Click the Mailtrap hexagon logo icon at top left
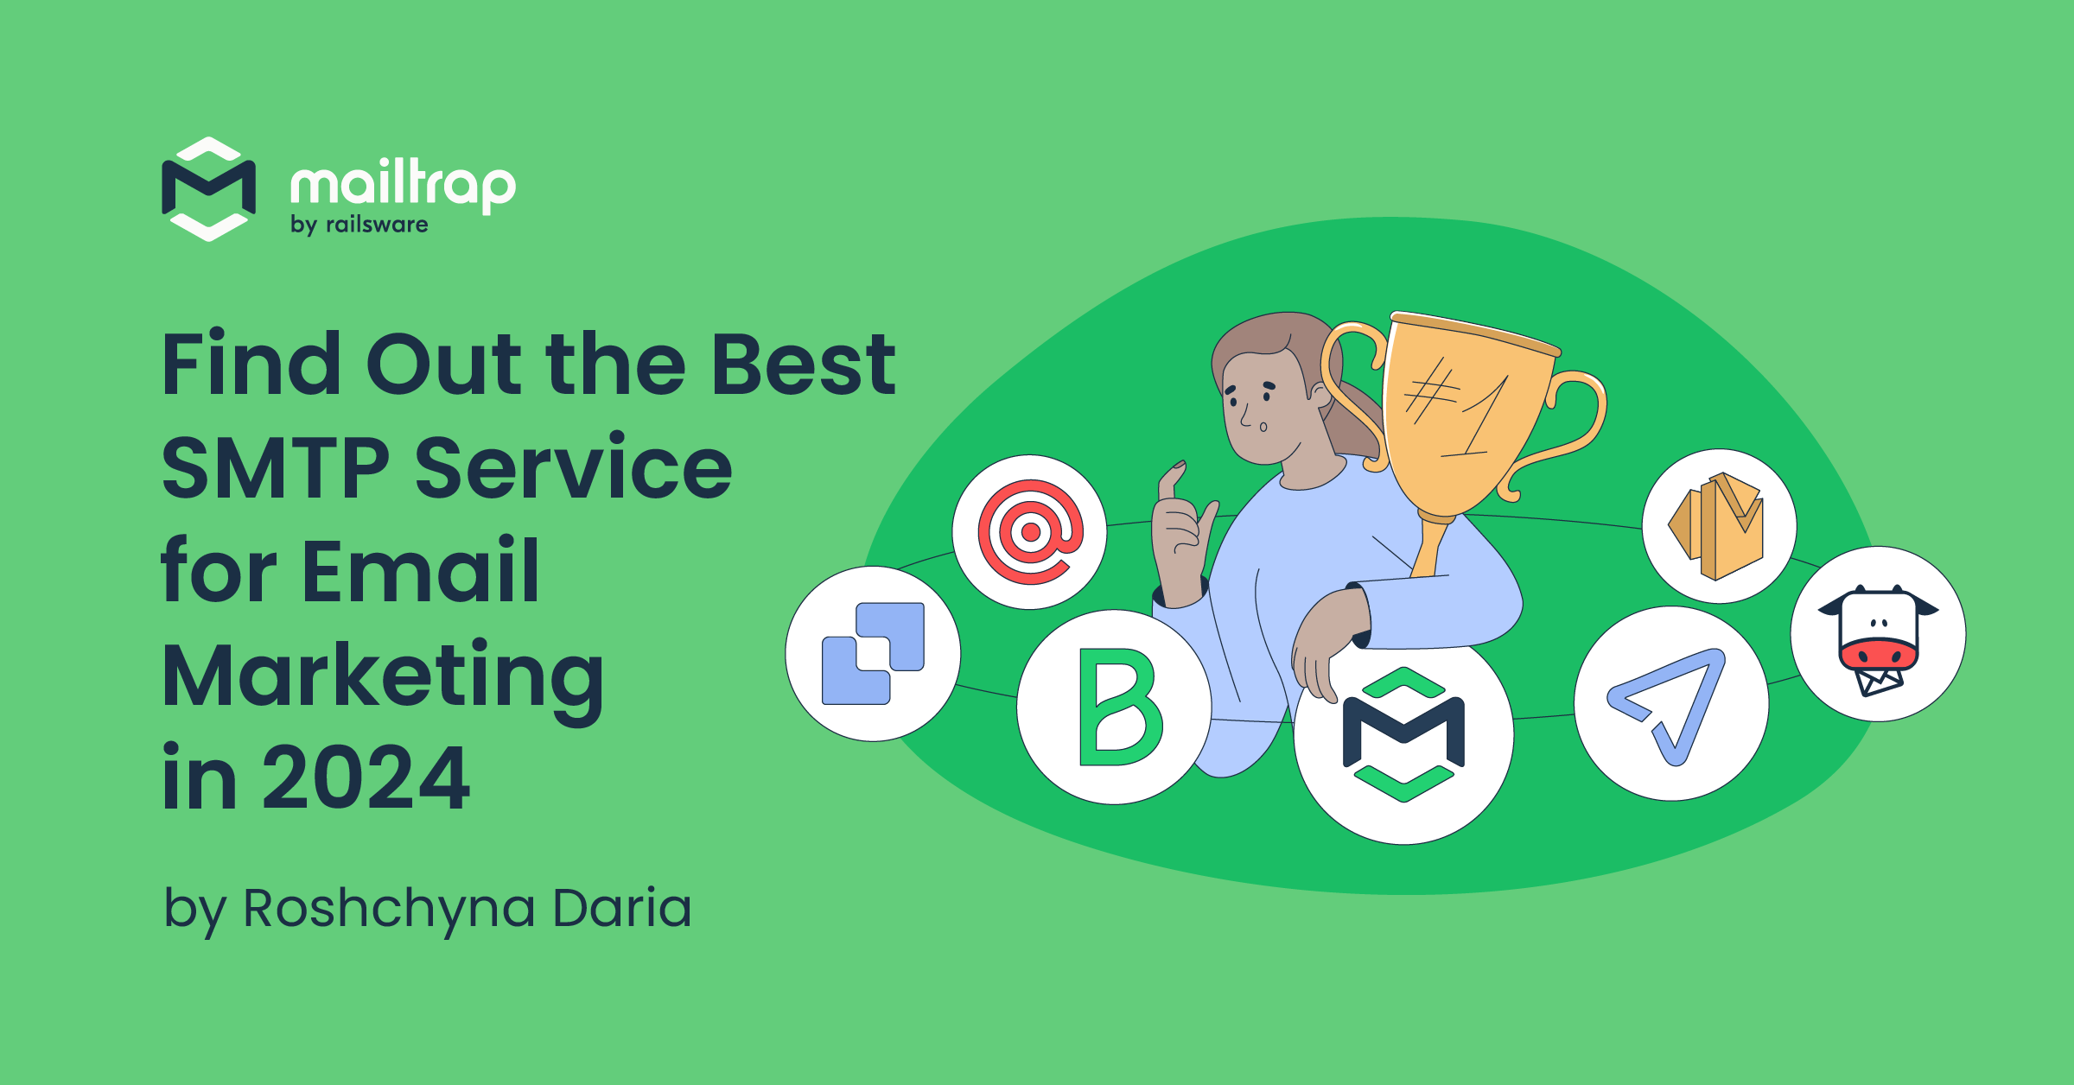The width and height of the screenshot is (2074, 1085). [x=208, y=189]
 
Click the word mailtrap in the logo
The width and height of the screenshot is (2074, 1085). [x=403, y=184]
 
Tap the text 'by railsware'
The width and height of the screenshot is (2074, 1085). [x=359, y=225]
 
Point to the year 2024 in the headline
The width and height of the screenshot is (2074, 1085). [x=366, y=778]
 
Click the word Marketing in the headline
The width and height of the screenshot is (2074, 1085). [x=383, y=676]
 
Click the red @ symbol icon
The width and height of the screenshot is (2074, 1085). [x=1029, y=532]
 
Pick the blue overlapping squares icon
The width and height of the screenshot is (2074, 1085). [x=873, y=653]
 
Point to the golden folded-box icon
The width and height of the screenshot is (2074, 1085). [x=1718, y=525]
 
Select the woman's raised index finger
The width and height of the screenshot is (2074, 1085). [x=1172, y=484]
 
